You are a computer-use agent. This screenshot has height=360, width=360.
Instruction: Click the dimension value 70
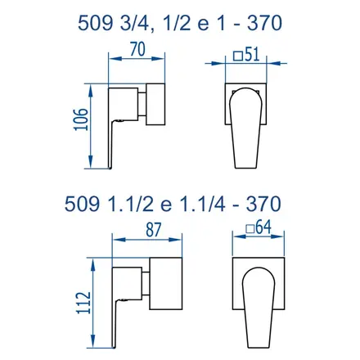(138, 50)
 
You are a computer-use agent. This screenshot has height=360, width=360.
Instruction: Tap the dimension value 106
(82, 119)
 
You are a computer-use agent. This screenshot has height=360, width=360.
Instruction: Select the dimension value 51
(252, 54)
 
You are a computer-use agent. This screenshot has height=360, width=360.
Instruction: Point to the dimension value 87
(154, 230)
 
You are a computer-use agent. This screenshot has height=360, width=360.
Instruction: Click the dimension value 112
(84, 303)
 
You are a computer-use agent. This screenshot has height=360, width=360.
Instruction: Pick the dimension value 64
(263, 227)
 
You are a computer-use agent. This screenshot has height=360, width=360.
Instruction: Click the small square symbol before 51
(238, 56)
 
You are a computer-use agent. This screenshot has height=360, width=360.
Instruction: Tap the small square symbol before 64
(250, 229)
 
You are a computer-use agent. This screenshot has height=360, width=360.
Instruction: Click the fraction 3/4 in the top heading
(133, 23)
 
